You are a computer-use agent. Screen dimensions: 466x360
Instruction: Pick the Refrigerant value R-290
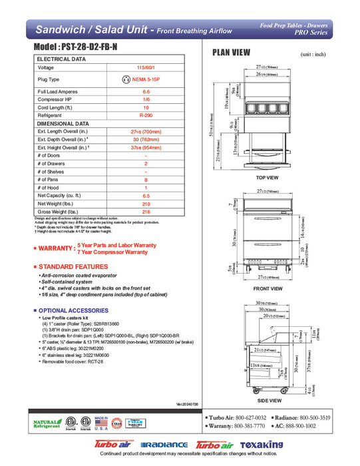tap(146, 115)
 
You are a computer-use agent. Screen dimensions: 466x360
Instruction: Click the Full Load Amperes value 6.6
tap(146, 91)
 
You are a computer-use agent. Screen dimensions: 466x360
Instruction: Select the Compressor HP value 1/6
tap(146, 99)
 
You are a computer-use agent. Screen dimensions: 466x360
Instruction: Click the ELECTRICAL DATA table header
tap(61, 59)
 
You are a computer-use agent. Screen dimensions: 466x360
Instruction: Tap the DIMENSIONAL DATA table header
tap(63, 123)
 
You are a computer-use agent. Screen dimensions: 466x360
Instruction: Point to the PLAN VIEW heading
tap(231, 53)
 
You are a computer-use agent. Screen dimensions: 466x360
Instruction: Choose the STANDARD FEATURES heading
tap(73, 266)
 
